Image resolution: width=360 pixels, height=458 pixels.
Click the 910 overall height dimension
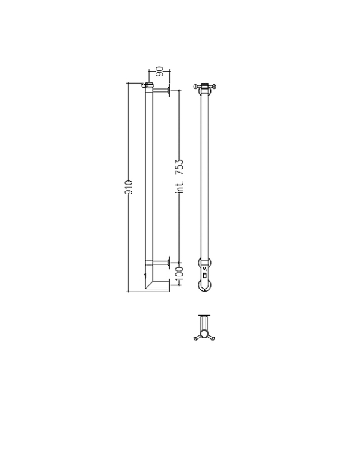pos(129,188)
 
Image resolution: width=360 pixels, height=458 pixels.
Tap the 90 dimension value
pos(159,72)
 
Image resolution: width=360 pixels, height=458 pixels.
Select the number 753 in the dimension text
pos(179,167)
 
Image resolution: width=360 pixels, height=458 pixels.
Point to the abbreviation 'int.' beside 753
pos(180,186)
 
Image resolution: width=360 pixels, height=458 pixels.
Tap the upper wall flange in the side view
pos(169,91)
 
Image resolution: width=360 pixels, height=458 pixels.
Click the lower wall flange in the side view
pos(169,262)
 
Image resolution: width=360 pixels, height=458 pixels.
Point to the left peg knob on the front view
pos(195,87)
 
